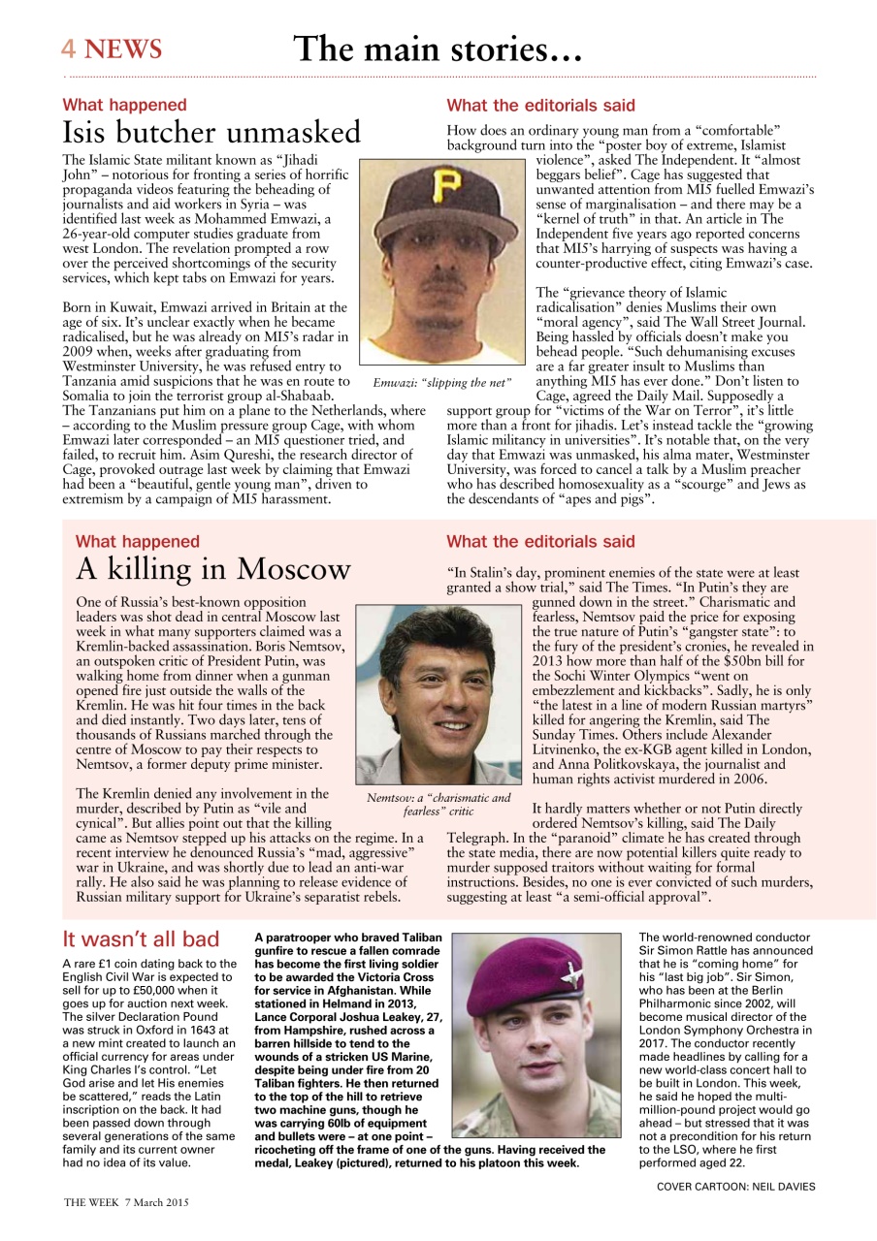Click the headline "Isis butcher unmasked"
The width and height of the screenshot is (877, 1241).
click(x=211, y=132)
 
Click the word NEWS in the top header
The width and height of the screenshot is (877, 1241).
click(x=123, y=48)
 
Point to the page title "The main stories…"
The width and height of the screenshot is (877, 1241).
click(x=438, y=48)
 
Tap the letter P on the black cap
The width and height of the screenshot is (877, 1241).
click(x=445, y=185)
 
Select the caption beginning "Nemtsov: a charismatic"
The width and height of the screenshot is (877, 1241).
click(x=438, y=804)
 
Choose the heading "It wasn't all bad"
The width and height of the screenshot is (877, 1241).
click(x=141, y=939)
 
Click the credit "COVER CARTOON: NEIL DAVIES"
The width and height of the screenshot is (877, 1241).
click(x=735, y=1186)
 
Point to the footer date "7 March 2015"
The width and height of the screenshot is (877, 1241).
click(x=156, y=1201)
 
